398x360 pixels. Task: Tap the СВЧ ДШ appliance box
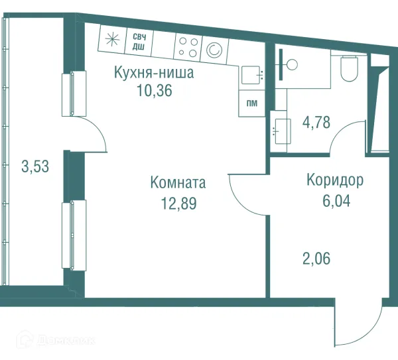click(139, 40)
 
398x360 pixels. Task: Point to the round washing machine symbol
click(214, 49)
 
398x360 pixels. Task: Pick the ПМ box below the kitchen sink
click(251, 103)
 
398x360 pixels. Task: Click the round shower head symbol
click(292, 64)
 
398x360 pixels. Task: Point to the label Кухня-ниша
click(153, 73)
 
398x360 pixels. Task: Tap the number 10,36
click(153, 91)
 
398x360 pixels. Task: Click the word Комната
click(178, 183)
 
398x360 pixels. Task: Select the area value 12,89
click(178, 202)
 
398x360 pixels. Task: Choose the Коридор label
click(334, 180)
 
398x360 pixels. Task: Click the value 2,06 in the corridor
click(316, 257)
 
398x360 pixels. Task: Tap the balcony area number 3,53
click(34, 165)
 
